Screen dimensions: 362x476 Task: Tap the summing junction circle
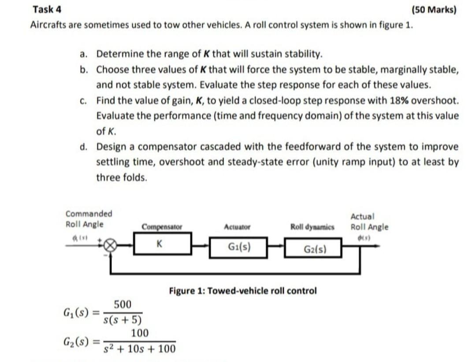tap(111, 245)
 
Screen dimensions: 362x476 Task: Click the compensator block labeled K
tap(162, 244)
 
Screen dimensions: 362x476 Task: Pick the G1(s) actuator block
tap(238, 246)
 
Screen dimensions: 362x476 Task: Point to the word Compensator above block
tap(162, 227)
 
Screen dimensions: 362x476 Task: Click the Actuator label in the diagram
tap(237, 227)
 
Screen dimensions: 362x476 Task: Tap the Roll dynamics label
tap(312, 227)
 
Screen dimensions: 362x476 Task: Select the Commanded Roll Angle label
tap(89, 219)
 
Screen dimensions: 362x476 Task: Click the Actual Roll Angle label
tap(369, 222)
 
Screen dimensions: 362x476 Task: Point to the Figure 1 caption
tap(243, 291)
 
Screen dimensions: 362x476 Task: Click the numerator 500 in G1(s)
tap(123, 304)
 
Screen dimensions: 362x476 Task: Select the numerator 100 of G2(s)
tap(140, 332)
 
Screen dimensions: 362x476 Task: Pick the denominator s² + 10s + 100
tap(140, 349)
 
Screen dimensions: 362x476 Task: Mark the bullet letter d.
tap(83, 147)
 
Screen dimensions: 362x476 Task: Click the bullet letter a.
tap(83, 55)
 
